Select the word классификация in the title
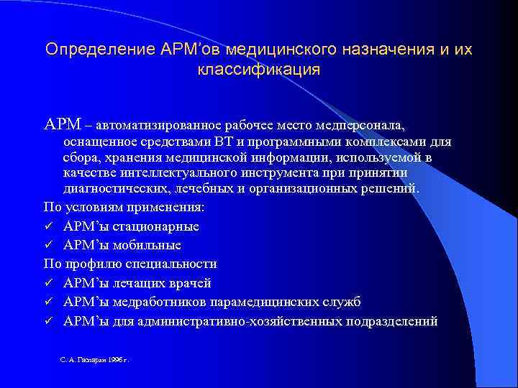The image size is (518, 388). (258, 70)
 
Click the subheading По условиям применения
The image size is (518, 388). (124, 207)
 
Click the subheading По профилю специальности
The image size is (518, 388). (130, 264)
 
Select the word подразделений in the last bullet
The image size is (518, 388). (392, 320)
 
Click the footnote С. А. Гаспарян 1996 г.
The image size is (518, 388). (94, 358)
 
